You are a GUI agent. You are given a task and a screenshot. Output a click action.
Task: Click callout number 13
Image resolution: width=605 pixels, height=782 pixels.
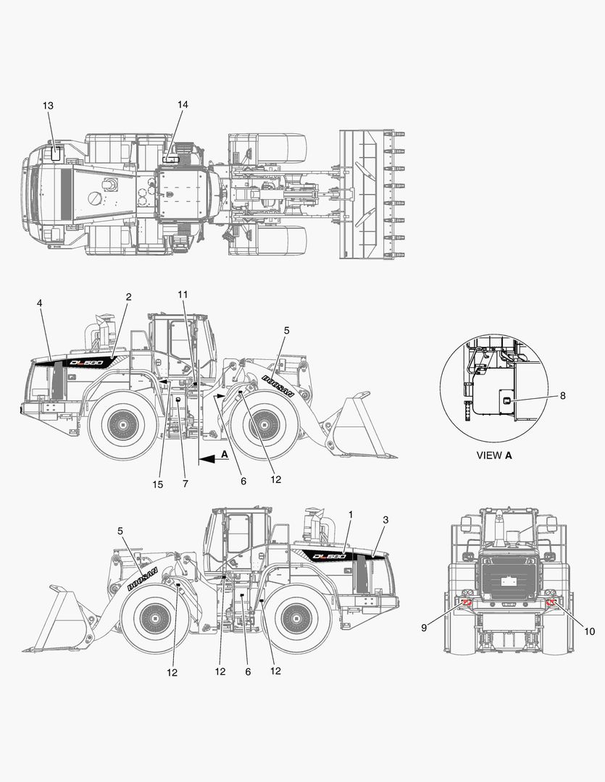point(48,106)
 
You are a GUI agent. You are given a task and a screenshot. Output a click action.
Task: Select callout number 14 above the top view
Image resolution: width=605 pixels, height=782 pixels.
point(183,105)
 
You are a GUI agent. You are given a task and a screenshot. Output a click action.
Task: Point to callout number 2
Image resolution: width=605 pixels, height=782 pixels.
point(128,297)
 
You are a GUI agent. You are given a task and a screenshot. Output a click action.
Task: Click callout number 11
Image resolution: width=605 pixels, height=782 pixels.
point(183,294)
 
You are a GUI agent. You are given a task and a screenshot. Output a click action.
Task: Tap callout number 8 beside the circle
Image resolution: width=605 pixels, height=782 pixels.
point(562,395)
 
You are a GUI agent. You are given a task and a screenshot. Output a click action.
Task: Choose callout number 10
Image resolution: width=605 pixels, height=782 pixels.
point(589,631)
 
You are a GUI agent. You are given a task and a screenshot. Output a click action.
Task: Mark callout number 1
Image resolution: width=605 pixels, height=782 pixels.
point(351,514)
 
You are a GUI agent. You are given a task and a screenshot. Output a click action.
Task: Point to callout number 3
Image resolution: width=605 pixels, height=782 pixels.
point(385,520)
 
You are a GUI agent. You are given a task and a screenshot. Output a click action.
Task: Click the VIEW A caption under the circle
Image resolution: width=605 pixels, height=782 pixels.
point(493,455)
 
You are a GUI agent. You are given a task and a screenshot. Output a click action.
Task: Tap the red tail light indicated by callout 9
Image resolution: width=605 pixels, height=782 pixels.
point(467,603)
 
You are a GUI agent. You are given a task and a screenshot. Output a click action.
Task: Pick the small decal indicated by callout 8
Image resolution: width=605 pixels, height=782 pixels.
point(506,400)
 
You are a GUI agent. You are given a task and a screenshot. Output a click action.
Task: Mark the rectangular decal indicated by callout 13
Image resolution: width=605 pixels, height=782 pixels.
point(56,153)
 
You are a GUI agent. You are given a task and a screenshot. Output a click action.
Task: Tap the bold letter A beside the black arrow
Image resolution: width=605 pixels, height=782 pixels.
point(225,453)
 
